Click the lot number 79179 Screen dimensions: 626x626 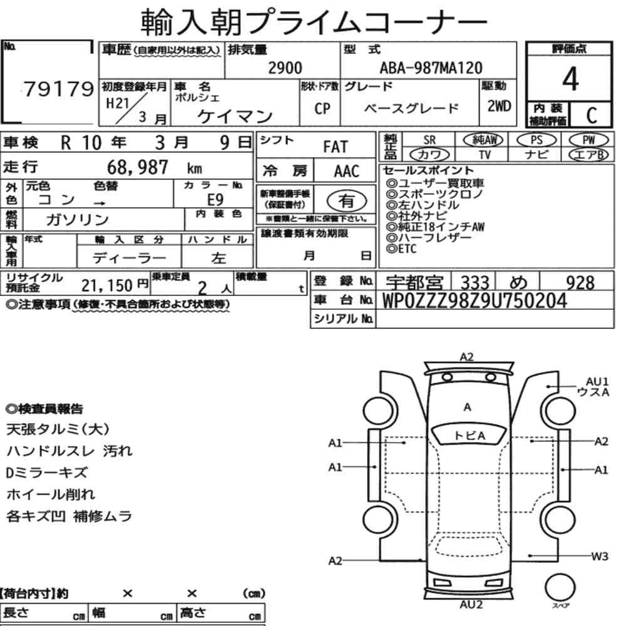click(x=59, y=89)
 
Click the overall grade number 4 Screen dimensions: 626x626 click(x=570, y=79)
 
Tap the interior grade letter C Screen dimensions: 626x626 click(x=592, y=115)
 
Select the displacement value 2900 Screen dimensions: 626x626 click(x=285, y=68)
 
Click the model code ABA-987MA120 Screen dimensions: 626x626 click(x=431, y=68)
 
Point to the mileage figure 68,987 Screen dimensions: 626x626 click(x=138, y=167)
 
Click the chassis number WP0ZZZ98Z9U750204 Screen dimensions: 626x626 click(x=475, y=300)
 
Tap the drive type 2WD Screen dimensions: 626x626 click(x=499, y=106)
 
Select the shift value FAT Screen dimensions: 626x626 click(x=336, y=147)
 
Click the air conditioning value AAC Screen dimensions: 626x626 click(x=347, y=172)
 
